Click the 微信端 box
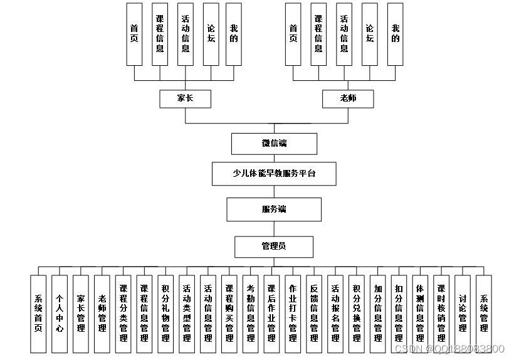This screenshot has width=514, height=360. (274, 144)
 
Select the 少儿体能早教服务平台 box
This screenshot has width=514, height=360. (274, 173)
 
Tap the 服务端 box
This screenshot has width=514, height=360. (274, 209)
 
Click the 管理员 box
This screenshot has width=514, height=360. (274, 246)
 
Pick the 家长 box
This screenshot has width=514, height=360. (185, 98)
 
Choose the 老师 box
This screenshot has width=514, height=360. (348, 98)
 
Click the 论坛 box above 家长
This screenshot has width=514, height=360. (211, 34)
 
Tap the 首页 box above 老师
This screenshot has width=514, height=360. (293, 34)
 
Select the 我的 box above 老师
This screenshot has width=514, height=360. (395, 34)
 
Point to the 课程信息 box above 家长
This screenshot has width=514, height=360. (160, 34)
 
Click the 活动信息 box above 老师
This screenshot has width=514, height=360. (344, 34)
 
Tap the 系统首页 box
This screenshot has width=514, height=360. (38, 314)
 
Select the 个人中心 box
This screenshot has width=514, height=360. (60, 314)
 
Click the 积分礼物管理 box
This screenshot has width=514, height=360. (165, 314)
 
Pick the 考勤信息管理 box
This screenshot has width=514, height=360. (251, 314)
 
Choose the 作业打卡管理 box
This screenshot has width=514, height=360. (293, 314)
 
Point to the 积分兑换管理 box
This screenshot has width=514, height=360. (357, 314)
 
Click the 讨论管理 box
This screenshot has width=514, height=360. (463, 314)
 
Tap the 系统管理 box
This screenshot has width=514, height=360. (483, 314)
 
